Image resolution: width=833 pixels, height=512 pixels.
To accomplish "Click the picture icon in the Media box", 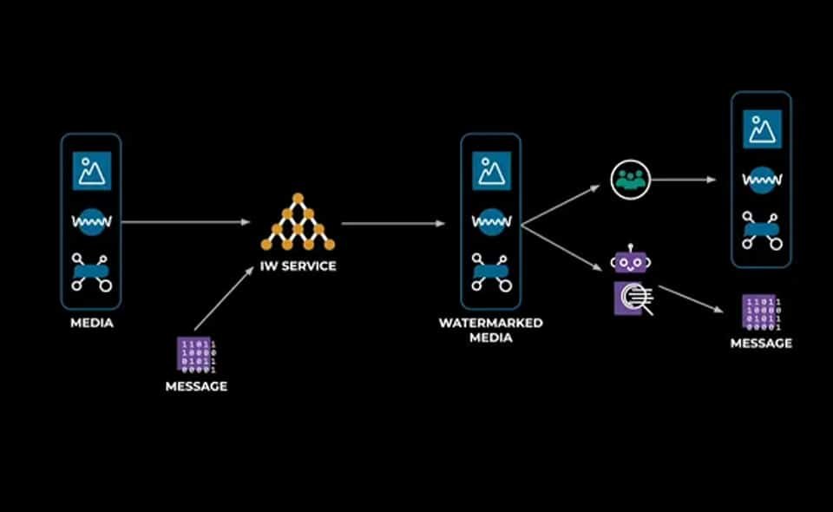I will (x=91, y=170).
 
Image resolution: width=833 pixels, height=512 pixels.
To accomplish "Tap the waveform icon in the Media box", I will (x=91, y=222).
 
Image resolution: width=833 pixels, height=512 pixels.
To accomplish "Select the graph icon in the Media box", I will (x=91, y=272).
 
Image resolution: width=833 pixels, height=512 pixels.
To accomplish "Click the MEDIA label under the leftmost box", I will (x=92, y=324).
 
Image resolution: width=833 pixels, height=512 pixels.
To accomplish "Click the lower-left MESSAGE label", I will (x=196, y=386).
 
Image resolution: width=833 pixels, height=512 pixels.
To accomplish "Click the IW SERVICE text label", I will (x=298, y=266).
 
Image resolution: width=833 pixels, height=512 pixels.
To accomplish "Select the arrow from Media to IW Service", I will (x=185, y=222).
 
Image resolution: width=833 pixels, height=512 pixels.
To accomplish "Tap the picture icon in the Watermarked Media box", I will (x=491, y=170).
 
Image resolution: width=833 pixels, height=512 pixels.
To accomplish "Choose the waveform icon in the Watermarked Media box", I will (x=491, y=222).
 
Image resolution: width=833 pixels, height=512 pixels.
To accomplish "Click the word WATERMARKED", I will (x=491, y=323).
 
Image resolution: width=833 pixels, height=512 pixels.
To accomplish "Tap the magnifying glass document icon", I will (x=633, y=299).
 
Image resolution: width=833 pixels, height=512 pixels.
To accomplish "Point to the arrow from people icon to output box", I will (x=683, y=180).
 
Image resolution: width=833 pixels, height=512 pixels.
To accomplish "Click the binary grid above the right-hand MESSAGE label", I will (x=761, y=313).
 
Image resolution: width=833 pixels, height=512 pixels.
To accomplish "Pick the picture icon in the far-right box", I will (x=762, y=129).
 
